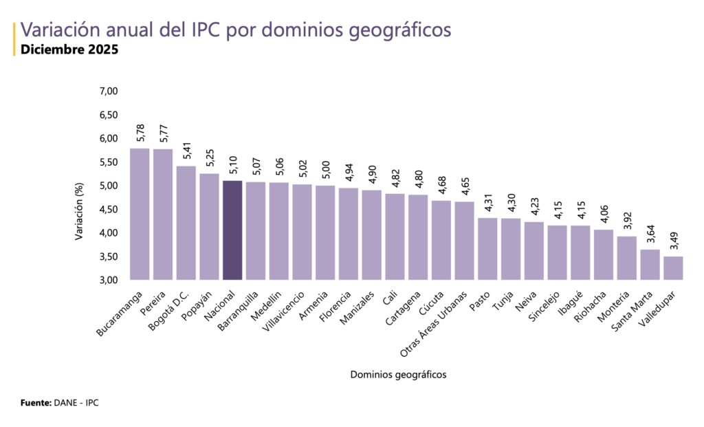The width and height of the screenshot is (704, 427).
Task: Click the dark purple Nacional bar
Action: click(x=232, y=230)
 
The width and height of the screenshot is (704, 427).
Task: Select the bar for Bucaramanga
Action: click(x=140, y=214)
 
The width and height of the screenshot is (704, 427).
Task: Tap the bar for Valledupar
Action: click(x=673, y=268)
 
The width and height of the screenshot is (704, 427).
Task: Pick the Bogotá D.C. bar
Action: click(x=186, y=223)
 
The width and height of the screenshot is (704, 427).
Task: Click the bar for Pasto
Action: click(x=487, y=249)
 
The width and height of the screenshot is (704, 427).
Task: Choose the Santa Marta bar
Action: click(x=650, y=265)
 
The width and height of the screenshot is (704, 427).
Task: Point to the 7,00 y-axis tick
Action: click(x=109, y=91)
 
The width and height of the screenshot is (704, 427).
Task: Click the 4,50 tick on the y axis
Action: click(x=109, y=210)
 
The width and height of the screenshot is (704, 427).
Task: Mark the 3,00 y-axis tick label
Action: click(x=109, y=281)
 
